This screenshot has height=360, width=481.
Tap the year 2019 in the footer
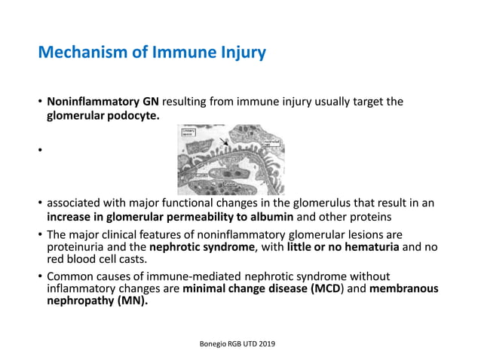click(264, 343)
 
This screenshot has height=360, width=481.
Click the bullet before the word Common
click(40, 276)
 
